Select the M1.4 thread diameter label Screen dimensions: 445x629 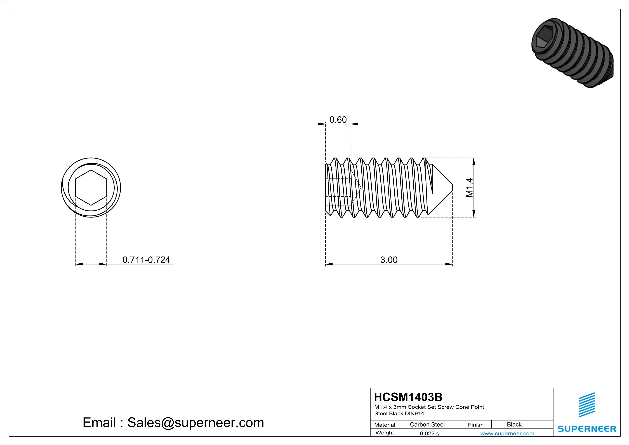[469, 188]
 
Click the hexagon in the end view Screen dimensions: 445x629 [91, 188]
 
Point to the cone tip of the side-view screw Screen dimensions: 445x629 [452, 188]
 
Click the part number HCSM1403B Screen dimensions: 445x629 [408, 397]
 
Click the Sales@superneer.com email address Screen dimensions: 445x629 [196, 423]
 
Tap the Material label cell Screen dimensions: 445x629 [385, 425]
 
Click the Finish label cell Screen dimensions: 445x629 [476, 425]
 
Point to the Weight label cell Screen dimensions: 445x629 [385, 433]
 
